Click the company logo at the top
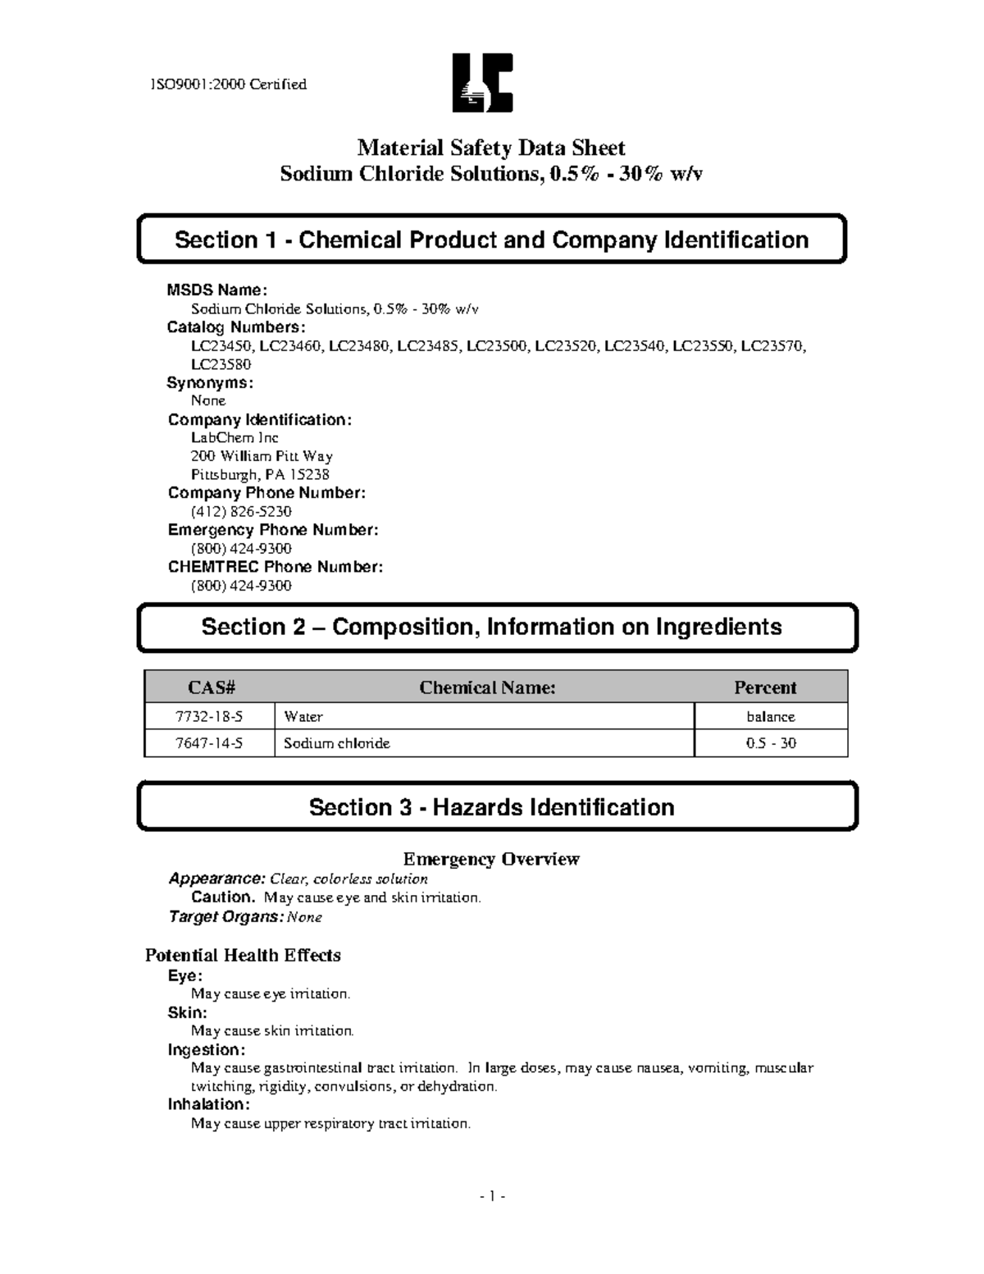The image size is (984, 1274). pos(482,83)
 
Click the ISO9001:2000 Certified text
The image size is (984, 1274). pos(228,84)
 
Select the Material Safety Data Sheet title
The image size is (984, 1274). pos(490,148)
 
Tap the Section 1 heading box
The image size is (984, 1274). pos(491,240)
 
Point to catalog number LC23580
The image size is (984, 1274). pos(221,364)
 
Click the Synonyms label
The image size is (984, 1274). pos(210,383)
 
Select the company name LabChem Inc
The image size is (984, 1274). pos(235,438)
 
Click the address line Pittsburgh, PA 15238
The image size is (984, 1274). pos(260,475)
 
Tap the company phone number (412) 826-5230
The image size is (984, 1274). pos(241,512)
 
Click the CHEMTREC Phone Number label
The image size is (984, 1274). pos(275,567)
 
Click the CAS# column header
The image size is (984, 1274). pos(209,687)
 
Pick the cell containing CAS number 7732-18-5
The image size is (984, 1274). pos(209,716)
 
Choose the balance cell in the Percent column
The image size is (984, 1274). pos(770,716)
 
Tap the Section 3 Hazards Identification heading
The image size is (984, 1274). pos(491,807)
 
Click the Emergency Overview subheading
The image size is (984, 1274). pos(490,859)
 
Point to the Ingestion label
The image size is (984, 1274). pos(206,1050)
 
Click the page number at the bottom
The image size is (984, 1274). pos(491,1197)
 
